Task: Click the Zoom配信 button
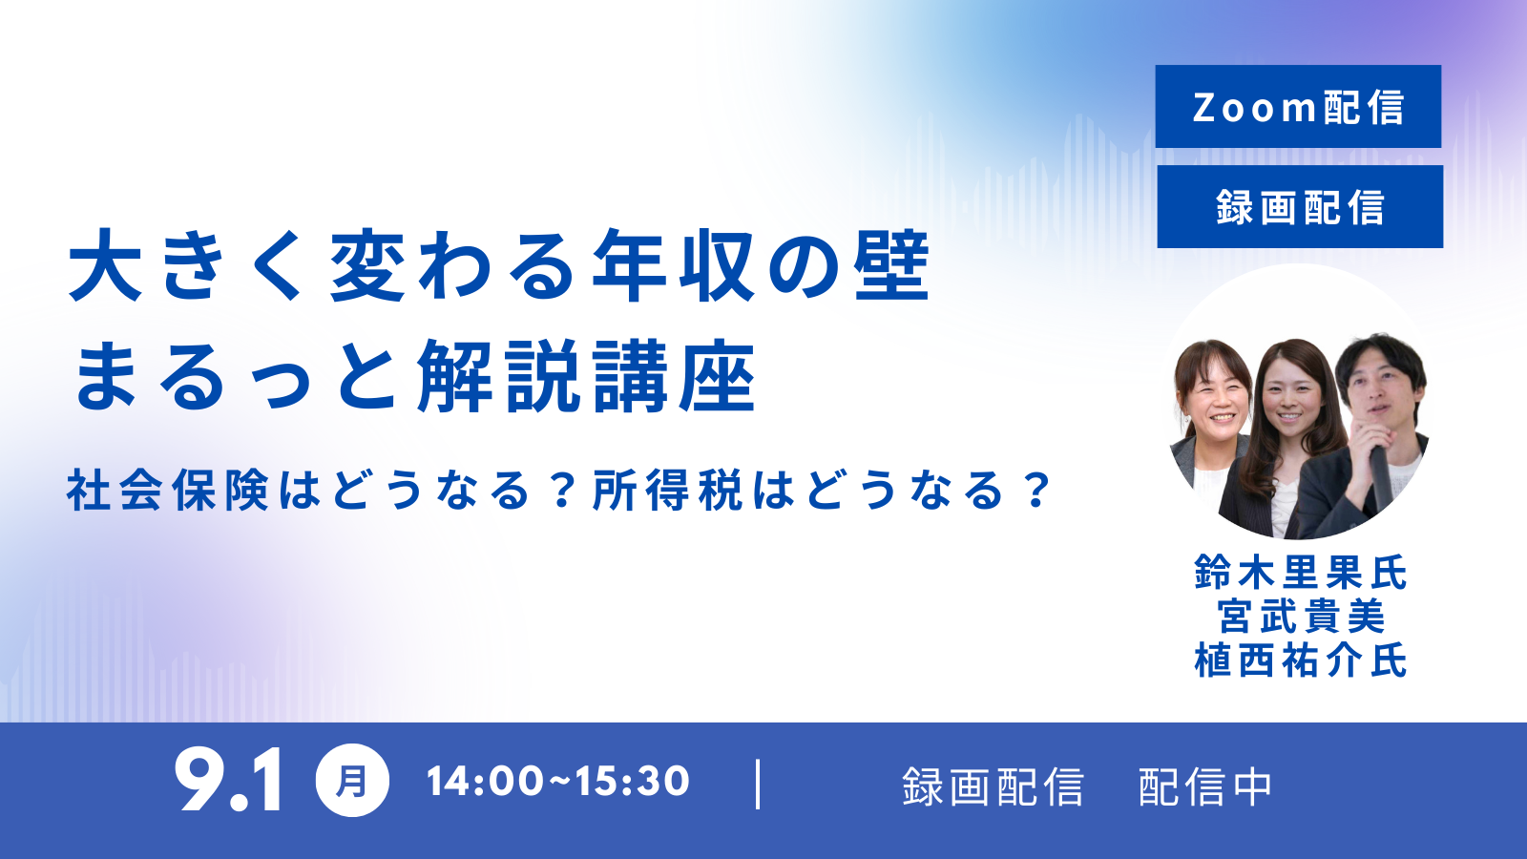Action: tap(1298, 106)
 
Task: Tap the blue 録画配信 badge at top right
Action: tap(1300, 206)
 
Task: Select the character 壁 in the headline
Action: tap(892, 266)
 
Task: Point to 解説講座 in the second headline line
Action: tap(587, 376)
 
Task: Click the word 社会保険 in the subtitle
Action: tap(167, 491)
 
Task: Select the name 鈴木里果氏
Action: tap(1300, 572)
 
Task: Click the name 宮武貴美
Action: tap(1301, 617)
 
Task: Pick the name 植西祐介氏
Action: tap(1300, 660)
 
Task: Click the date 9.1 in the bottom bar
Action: tap(228, 780)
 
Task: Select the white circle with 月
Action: tap(352, 781)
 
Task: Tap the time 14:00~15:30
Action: tap(557, 782)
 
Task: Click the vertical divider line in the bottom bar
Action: tap(758, 785)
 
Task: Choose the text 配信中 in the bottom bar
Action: tap(1204, 787)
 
